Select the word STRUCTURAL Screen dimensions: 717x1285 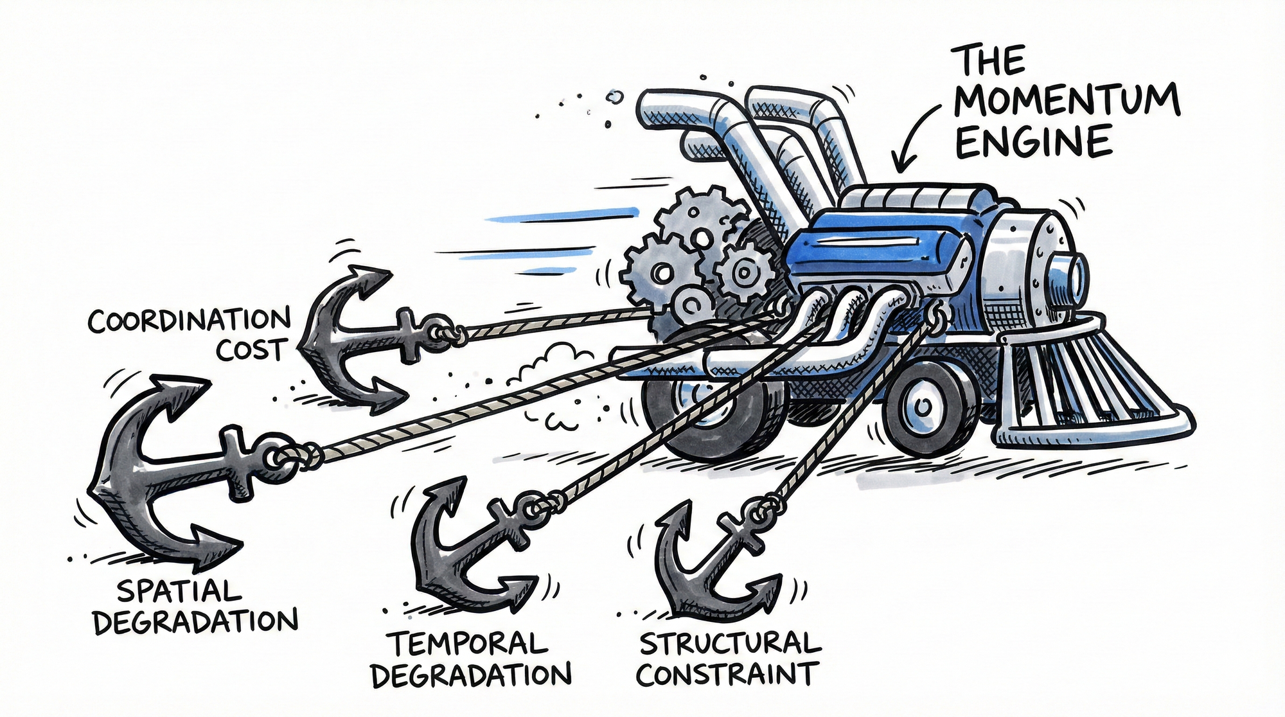pos(730,642)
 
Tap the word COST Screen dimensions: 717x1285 pos(251,350)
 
